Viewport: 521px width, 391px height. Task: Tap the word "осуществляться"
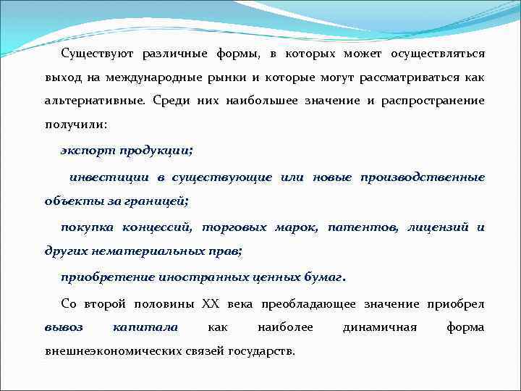coord(438,54)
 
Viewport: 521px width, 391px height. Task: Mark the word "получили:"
coord(75,125)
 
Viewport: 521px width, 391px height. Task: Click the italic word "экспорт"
coord(86,150)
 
